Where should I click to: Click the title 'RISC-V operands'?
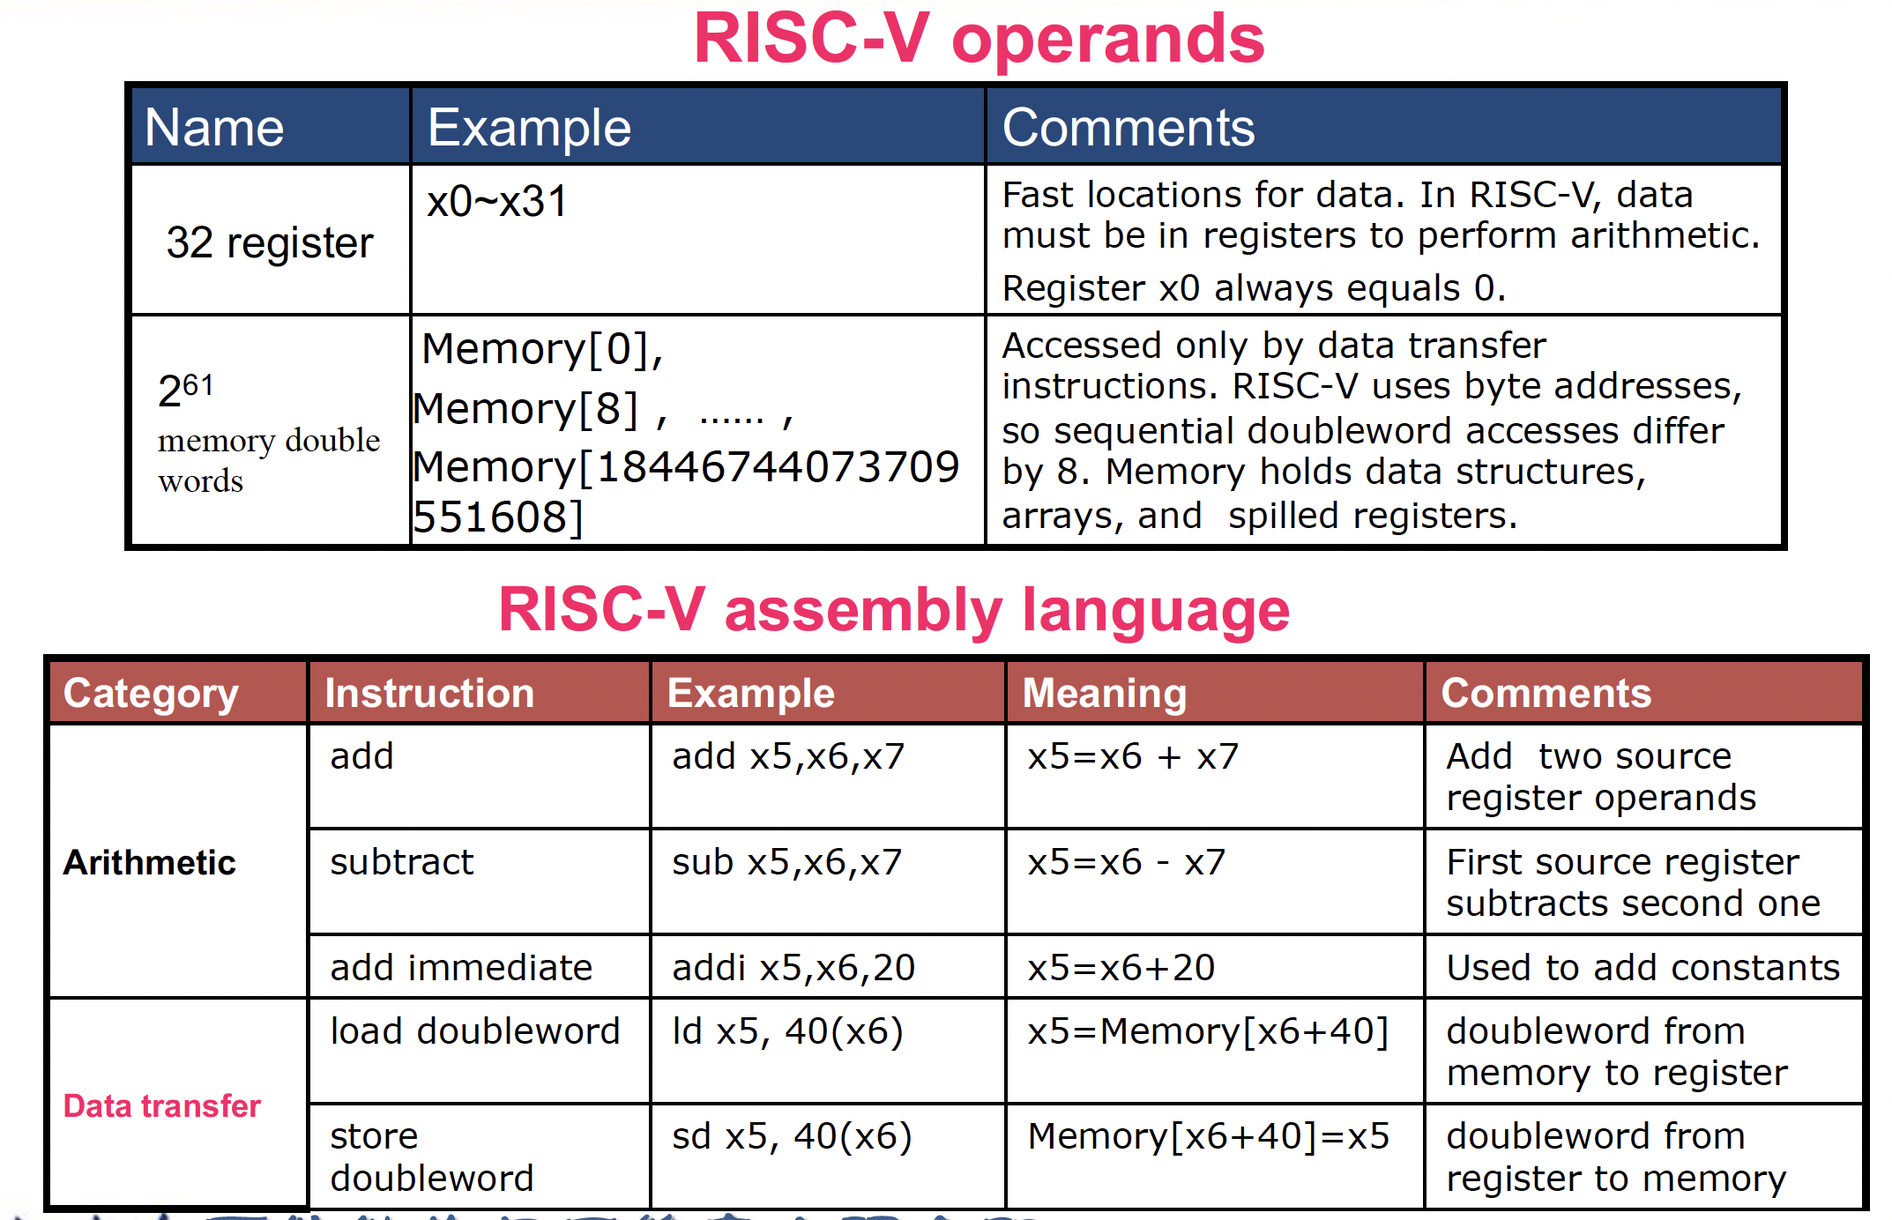[x=979, y=40]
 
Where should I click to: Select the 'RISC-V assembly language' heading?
[x=894, y=610]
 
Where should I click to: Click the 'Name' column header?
[x=214, y=128]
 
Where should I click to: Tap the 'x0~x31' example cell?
[x=497, y=202]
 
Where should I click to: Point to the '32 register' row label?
[x=270, y=242]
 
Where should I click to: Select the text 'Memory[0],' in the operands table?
[x=542, y=349]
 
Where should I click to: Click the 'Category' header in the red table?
[x=151, y=694]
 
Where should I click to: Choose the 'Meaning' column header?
[x=1105, y=694]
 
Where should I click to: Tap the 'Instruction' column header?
[x=429, y=694]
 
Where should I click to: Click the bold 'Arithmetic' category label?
[x=150, y=862]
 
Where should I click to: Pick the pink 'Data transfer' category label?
[x=162, y=1105]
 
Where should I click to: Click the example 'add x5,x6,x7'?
[x=788, y=756]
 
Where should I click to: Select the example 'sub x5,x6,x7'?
[x=787, y=862]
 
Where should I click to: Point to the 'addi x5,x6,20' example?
[x=793, y=968]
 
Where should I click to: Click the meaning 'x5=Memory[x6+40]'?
[x=1208, y=1031]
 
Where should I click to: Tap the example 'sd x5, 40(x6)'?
[x=792, y=1136]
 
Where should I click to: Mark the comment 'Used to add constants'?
[x=1643, y=968]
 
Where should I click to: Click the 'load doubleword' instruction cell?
[x=475, y=1031]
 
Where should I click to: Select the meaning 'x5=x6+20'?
[x=1121, y=968]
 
